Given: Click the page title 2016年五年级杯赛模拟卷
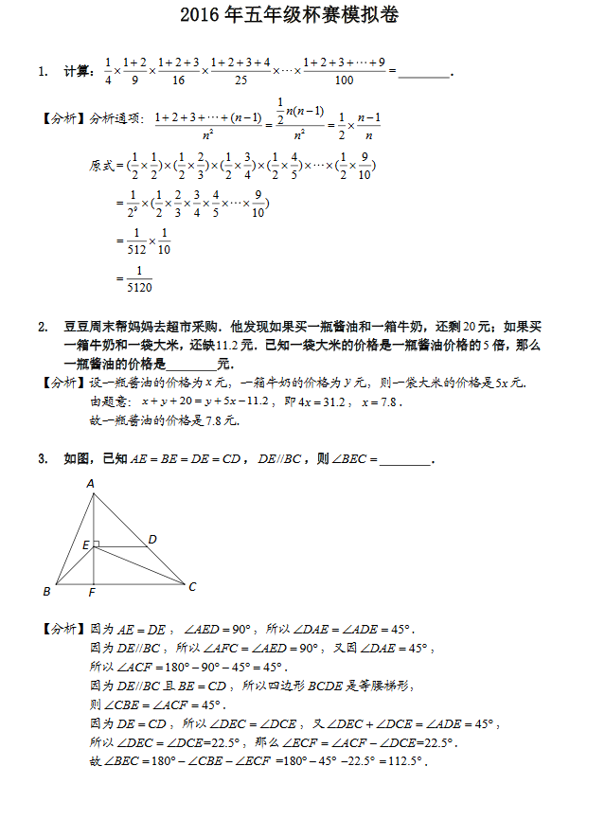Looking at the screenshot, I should point(300,18).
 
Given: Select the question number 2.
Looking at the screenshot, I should point(43,328).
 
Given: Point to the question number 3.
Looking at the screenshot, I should point(43,459).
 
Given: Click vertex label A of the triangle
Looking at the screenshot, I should point(91,484).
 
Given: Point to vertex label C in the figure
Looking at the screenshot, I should point(192,587).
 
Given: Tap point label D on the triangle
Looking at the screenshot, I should point(152,539).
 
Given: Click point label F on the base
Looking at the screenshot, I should point(92,594).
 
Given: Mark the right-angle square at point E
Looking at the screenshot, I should point(96,544).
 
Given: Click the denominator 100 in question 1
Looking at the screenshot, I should point(344,81).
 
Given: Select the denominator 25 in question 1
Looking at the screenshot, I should point(240,81).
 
